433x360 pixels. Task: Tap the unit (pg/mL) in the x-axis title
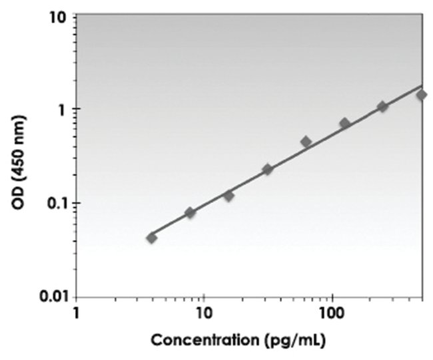[293, 341]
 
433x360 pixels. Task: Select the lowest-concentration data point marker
[152, 238]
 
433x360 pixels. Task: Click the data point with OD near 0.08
[191, 212]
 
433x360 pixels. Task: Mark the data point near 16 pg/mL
[228, 196]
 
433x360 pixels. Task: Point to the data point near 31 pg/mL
[267, 169]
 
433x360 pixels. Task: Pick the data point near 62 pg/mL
[306, 141]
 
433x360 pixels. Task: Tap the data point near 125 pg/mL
[344, 123]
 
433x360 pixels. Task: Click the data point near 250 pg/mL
[382, 106]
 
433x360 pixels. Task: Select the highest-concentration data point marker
[421, 94]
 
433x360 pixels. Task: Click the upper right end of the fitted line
[422, 85]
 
